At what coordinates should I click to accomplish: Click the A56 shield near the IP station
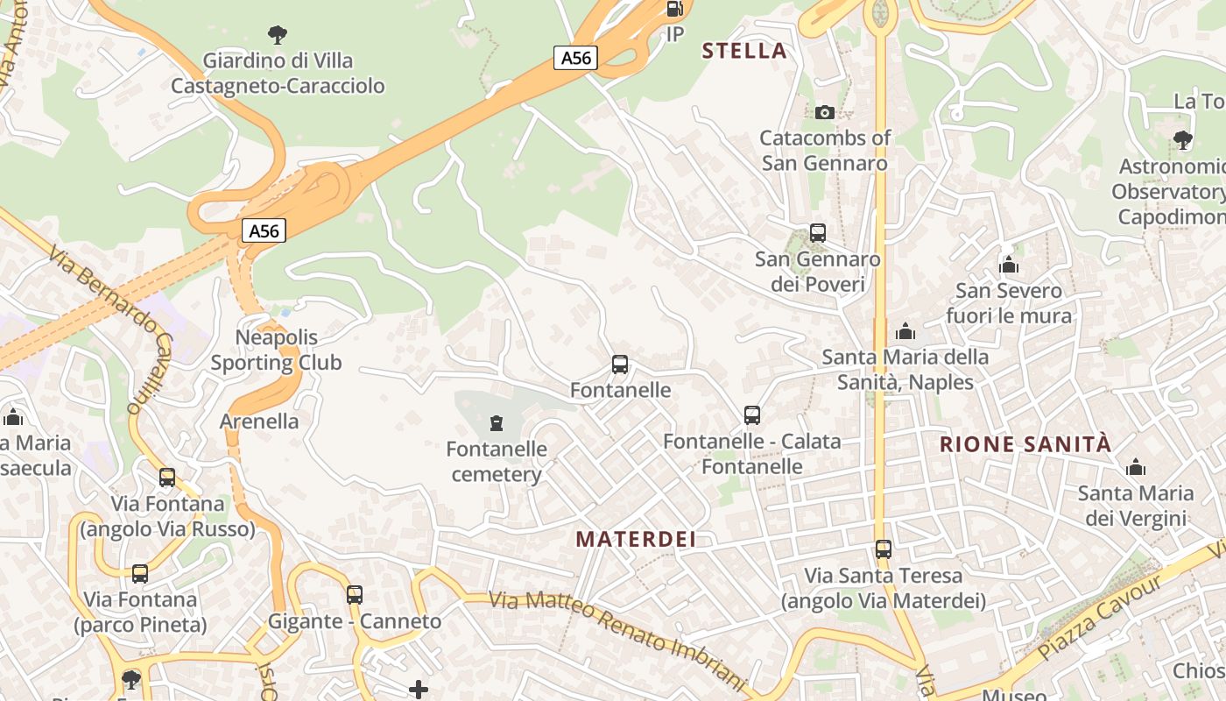pyautogui.click(x=575, y=59)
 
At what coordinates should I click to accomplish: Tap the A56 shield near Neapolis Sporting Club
pyautogui.click(x=264, y=231)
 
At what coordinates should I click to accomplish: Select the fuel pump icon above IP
pyautogui.click(x=674, y=10)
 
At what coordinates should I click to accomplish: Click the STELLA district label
pyautogui.click(x=744, y=51)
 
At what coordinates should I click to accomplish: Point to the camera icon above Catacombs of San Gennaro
pyautogui.click(x=824, y=112)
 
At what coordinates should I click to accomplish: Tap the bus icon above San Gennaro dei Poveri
pyautogui.click(x=818, y=233)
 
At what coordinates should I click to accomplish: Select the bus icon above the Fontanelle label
pyautogui.click(x=620, y=365)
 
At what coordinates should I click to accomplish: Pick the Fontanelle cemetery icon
pyautogui.click(x=497, y=424)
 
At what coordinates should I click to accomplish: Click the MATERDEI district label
pyautogui.click(x=636, y=540)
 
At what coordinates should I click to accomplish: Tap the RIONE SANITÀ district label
pyautogui.click(x=1025, y=444)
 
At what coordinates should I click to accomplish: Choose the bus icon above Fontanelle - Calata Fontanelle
pyautogui.click(x=751, y=415)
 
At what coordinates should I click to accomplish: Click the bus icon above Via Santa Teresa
pyautogui.click(x=884, y=549)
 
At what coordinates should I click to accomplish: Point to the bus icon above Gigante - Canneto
pyautogui.click(x=355, y=595)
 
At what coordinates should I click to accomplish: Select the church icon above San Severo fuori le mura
pyautogui.click(x=1009, y=265)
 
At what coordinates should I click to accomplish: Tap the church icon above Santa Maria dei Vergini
pyautogui.click(x=1136, y=467)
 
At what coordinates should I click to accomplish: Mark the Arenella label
pyautogui.click(x=259, y=421)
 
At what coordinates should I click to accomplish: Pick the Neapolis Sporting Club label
pyautogui.click(x=277, y=350)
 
